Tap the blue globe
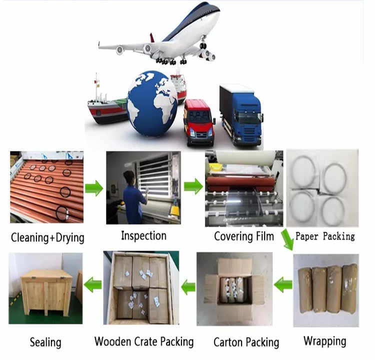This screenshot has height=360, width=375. tap(152, 103)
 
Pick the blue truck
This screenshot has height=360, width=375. tap(241, 114)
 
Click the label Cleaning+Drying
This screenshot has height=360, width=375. tap(47, 237)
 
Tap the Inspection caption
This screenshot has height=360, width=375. tap(143, 235)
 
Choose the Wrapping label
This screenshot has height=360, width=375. tap(325, 341)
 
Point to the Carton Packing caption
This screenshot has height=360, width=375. tap(246, 342)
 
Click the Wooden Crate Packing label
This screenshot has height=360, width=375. tap(144, 342)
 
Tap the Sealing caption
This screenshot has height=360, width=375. tap(45, 342)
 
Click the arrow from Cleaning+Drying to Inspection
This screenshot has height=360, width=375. tap(93, 188)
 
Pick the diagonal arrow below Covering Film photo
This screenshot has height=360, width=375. tap(286, 240)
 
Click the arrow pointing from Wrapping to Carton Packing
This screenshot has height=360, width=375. tap(283, 285)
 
